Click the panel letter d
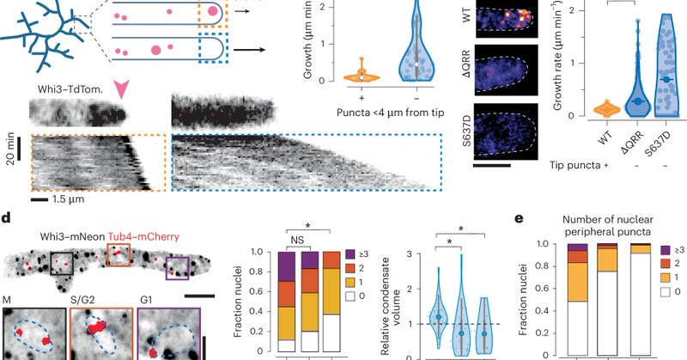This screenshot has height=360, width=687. (x=7, y=217)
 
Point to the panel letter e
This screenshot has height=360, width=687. (x=518, y=217)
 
